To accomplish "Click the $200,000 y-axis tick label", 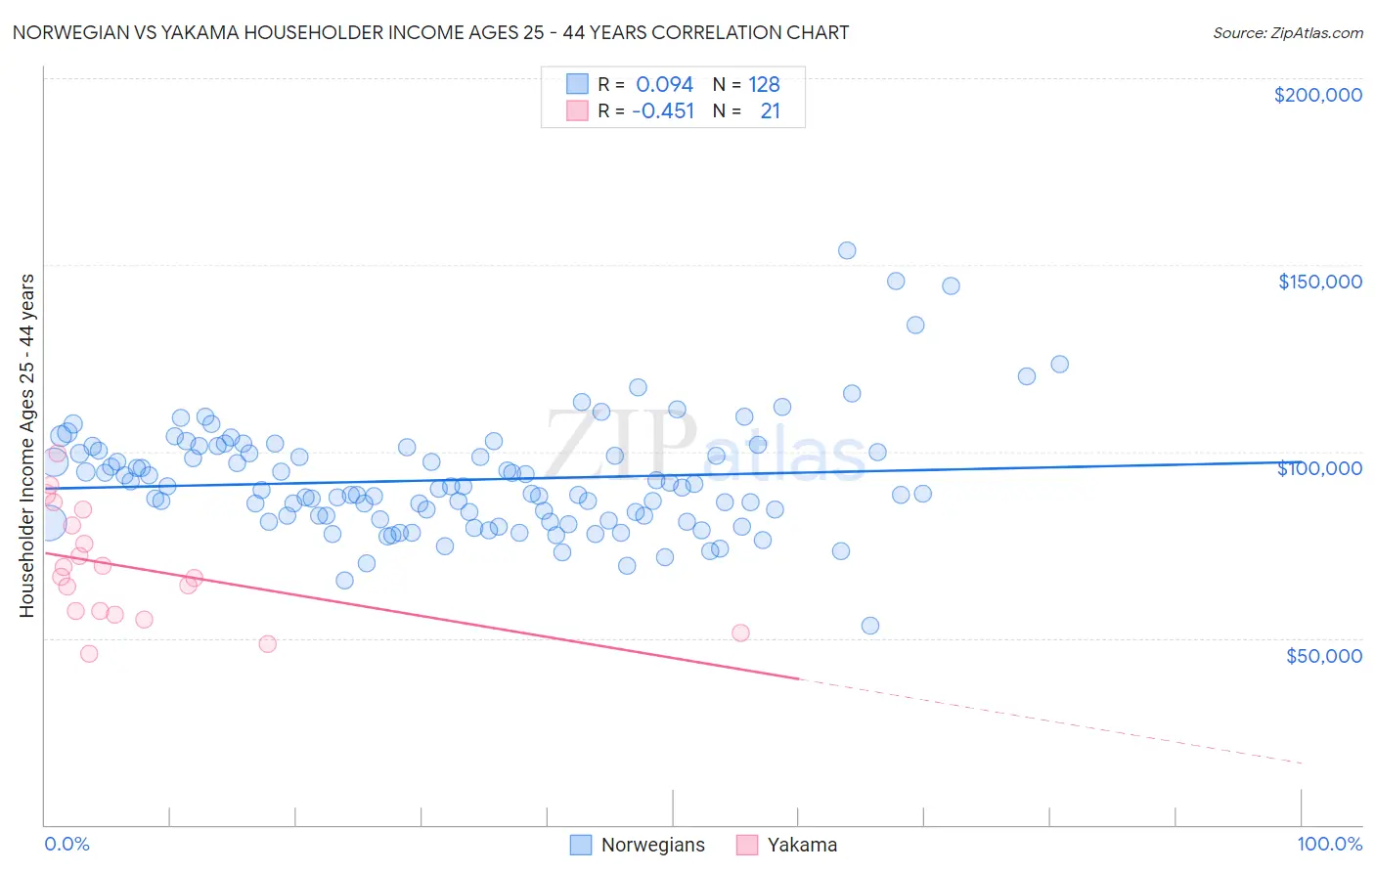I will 1317,95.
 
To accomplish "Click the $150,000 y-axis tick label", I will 1319,282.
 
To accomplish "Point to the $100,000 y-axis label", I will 1319,468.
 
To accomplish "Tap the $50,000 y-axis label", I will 1323,656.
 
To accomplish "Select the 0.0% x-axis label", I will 67,845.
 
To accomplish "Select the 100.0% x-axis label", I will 1329,845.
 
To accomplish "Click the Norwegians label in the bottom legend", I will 652,846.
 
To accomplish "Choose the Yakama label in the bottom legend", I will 802,846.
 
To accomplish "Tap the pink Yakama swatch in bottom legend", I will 747,846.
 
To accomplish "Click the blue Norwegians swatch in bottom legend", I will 581,846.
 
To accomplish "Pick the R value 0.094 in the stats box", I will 664,85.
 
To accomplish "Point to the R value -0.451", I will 662,111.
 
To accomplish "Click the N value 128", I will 764,85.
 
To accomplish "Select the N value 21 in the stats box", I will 770,111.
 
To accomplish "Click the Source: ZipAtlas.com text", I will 1287,33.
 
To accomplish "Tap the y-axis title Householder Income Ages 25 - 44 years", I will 26,446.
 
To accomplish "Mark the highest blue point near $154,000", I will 847,250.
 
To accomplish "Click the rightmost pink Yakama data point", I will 740,632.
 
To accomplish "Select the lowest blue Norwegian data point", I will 869,626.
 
